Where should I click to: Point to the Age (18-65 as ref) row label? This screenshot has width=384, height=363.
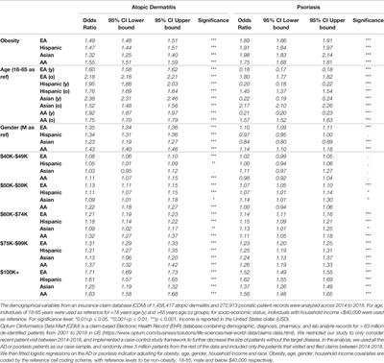coord(26,70)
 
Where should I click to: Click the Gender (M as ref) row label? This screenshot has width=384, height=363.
coord(27,125)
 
